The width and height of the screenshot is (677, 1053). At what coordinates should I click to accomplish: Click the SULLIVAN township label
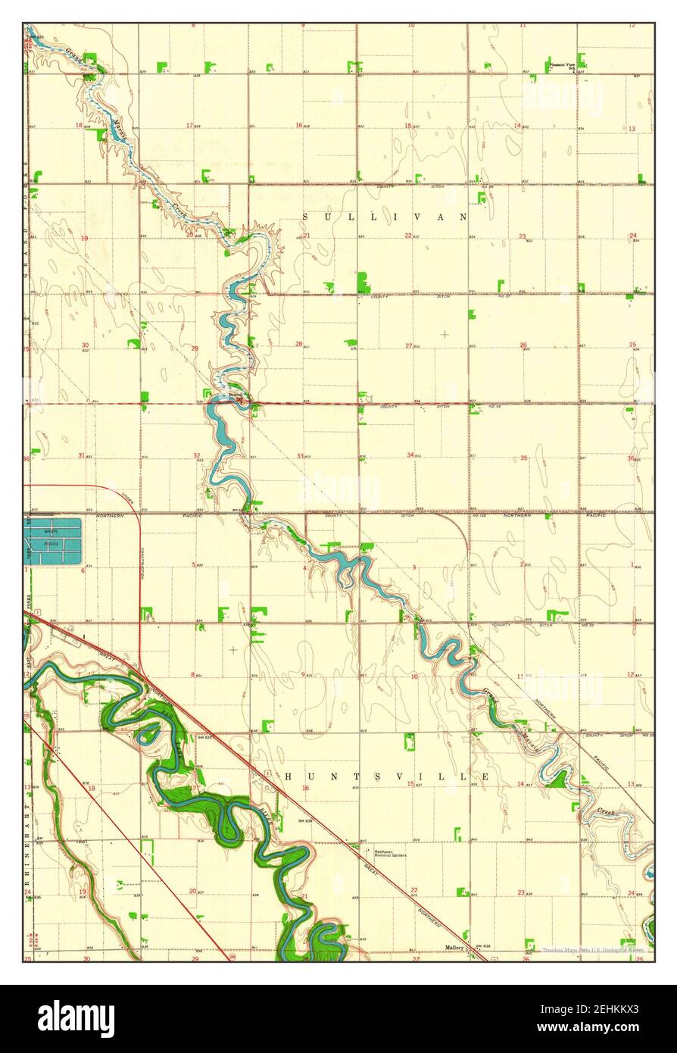point(385,217)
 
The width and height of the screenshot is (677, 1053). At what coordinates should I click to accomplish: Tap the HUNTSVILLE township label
point(386,776)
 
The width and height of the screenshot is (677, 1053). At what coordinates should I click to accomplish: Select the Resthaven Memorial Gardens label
point(388,853)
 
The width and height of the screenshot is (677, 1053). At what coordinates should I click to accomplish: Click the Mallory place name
point(454,947)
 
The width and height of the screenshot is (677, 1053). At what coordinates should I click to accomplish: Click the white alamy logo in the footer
point(76,1018)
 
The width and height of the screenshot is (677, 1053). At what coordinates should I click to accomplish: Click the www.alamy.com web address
point(601,1027)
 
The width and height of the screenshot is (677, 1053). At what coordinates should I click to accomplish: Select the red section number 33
point(300,456)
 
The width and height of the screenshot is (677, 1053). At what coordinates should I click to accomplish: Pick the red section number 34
point(410,455)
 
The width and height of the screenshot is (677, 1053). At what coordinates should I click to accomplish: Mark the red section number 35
point(523,458)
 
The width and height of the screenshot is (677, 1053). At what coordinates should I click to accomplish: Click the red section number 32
point(196,456)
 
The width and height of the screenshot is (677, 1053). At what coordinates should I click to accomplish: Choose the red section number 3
point(414,567)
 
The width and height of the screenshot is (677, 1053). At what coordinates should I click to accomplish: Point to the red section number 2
point(522,564)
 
